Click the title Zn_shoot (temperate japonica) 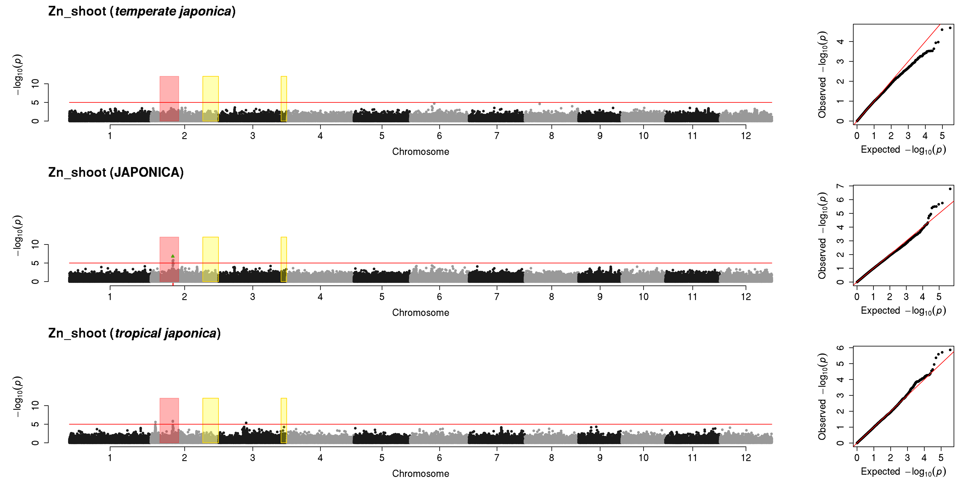pos(142,11)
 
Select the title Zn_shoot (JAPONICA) pos(116,172)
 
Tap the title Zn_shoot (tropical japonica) pos(134,333)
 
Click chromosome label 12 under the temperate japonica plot pos(746,136)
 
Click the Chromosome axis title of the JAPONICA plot pos(420,313)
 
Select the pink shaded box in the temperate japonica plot pos(169,99)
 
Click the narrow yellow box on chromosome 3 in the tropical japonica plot pos(284,420)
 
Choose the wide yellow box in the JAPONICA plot pos(210,259)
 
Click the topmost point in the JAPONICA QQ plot pos(950,189)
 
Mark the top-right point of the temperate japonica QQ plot pos(950,28)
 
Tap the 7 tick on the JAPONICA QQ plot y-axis pos(840,186)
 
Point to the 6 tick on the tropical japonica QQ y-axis pos(840,348)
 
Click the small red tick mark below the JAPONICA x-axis pos(173,284)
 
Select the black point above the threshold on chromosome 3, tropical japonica pos(246,423)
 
